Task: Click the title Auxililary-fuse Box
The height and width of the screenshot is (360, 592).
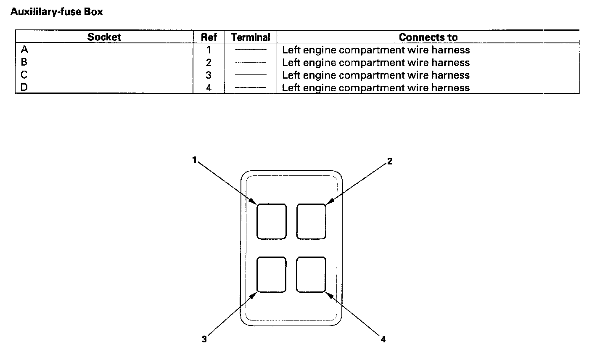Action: tap(56, 12)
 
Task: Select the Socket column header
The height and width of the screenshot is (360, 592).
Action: tap(104, 37)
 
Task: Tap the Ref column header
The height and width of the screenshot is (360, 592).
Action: tap(209, 37)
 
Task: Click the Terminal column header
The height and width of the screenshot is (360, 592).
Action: tap(251, 37)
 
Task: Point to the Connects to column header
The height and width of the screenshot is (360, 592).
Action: tap(428, 37)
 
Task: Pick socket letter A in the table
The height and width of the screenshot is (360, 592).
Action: tap(24, 50)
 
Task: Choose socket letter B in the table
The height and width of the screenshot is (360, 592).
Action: tap(24, 62)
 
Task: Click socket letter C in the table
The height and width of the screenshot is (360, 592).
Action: tap(24, 75)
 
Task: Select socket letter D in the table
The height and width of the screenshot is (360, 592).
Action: tap(24, 87)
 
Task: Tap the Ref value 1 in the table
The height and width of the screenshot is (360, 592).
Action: tap(209, 50)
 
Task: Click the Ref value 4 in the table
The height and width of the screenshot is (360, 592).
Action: tap(209, 88)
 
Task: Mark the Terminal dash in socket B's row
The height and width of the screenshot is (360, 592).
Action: tap(251, 63)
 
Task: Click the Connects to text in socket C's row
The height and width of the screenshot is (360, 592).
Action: tap(375, 75)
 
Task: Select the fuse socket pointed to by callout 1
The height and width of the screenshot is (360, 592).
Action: tap(271, 222)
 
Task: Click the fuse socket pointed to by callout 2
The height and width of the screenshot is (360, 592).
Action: tap(311, 222)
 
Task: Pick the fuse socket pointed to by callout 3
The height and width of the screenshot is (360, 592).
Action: tap(271, 275)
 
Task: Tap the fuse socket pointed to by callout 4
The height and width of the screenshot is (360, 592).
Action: tap(311, 275)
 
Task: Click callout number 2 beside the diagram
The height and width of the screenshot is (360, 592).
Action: tap(390, 161)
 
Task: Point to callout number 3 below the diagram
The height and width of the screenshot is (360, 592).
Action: tap(204, 339)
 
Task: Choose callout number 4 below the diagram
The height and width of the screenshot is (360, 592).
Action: tap(383, 339)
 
